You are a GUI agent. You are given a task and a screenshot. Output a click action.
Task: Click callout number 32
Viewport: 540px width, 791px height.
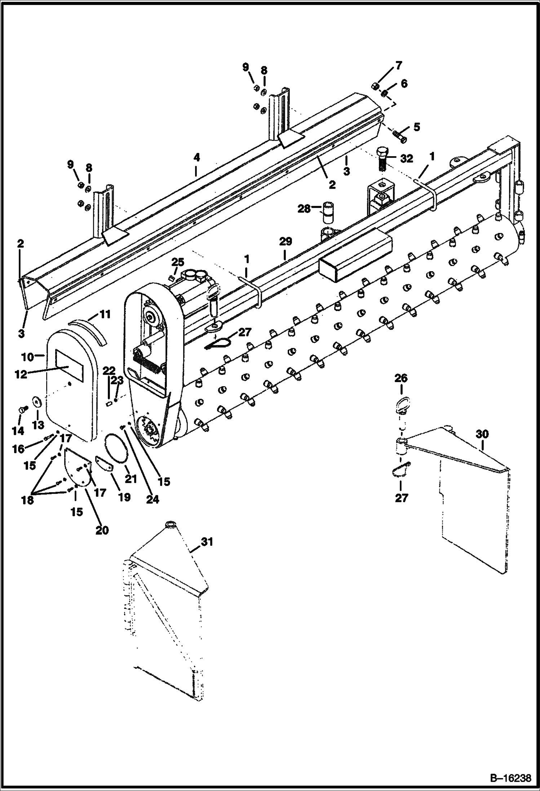pos(406,158)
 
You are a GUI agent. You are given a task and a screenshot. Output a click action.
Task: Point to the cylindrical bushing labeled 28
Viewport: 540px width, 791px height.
pos(328,213)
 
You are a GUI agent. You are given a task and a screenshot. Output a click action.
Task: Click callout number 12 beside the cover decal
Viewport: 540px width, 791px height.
pos(21,374)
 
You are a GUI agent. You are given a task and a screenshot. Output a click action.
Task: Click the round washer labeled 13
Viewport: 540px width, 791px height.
pos(37,402)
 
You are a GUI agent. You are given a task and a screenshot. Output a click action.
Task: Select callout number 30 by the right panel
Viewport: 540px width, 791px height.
pos(482,434)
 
